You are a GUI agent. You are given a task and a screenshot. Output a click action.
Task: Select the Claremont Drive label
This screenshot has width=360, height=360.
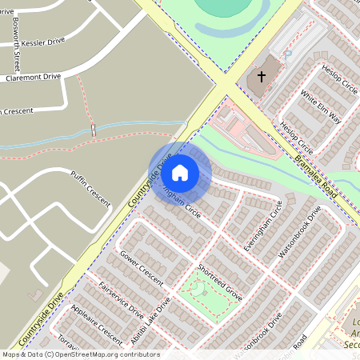(x=34, y=78)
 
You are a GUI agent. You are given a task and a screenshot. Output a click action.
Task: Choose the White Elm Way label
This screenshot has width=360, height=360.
(x=321, y=106)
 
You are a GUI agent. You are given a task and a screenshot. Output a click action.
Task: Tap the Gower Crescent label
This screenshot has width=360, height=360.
(x=141, y=267)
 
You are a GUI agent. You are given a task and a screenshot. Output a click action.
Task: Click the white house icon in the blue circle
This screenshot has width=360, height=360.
(x=180, y=172)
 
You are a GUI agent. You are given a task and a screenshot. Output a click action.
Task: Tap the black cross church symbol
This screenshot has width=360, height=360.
(x=261, y=77)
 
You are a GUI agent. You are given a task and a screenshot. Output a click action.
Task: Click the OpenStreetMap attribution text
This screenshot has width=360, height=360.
(x=80, y=354)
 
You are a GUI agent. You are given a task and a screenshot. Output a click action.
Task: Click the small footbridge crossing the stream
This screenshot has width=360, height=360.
(x=94, y=129)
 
